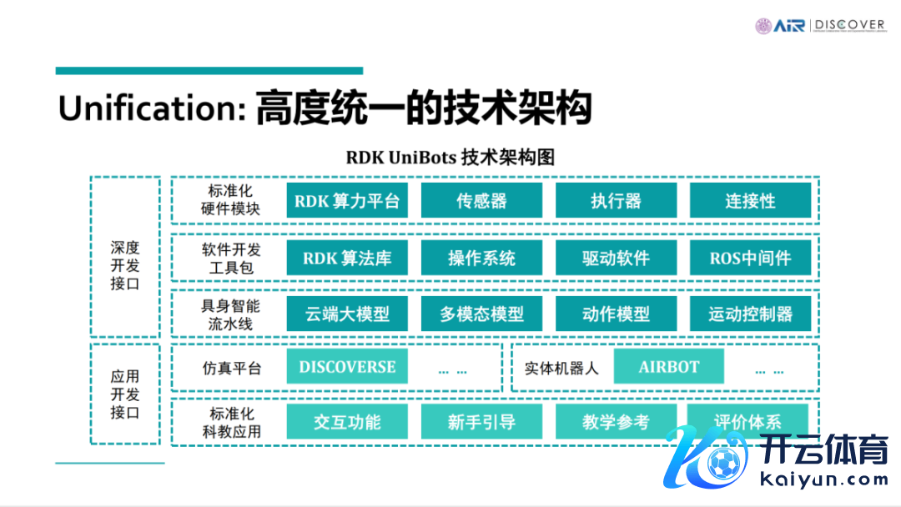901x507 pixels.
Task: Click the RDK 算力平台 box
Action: pyautogui.click(x=347, y=201)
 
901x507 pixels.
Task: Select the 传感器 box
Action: pyautogui.click(x=481, y=201)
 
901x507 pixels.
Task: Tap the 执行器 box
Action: pyautogui.click(x=616, y=201)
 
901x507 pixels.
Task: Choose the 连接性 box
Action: pyautogui.click(x=750, y=201)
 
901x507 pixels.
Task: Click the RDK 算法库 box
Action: pyautogui.click(x=347, y=258)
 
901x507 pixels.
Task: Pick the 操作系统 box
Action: pyautogui.click(x=481, y=258)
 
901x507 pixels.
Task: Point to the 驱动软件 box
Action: pyautogui.click(x=616, y=258)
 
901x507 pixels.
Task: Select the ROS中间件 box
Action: pyautogui.click(x=750, y=258)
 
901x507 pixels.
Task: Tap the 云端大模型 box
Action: pyautogui.click(x=347, y=314)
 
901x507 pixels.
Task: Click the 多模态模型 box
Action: pyautogui.click(x=481, y=314)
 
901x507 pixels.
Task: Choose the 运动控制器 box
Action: pyautogui.click(x=750, y=314)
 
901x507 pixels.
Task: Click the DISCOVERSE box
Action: pyautogui.click(x=347, y=367)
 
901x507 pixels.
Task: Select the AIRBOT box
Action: pyautogui.click(x=668, y=367)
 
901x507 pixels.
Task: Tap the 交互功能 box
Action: pyautogui.click(x=347, y=422)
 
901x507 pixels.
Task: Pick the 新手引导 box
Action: pyautogui.click(x=481, y=422)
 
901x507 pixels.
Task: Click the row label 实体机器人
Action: pyautogui.click(x=561, y=368)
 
